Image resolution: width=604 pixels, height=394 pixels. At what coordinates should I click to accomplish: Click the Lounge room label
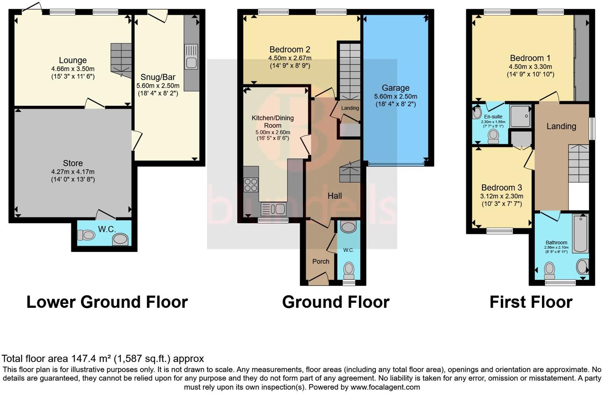click(x=73, y=60)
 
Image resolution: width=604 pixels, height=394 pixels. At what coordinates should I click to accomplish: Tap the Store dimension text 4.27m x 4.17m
click(x=73, y=172)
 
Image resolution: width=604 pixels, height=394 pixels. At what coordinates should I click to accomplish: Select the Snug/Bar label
click(x=158, y=77)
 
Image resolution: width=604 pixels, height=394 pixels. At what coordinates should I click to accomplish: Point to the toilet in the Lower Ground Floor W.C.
click(x=86, y=236)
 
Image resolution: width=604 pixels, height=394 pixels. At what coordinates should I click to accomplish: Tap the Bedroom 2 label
click(x=290, y=50)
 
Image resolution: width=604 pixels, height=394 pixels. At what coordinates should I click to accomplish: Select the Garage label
click(x=395, y=88)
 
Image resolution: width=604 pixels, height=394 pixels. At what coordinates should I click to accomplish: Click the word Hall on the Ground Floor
click(x=335, y=196)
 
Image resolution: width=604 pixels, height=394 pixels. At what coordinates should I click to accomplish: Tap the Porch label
click(x=321, y=261)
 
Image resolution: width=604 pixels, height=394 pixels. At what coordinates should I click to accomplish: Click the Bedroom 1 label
click(x=530, y=58)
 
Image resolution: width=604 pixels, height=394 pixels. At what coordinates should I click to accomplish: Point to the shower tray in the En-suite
click(x=521, y=116)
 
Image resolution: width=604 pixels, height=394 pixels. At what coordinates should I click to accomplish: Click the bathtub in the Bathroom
click(x=581, y=233)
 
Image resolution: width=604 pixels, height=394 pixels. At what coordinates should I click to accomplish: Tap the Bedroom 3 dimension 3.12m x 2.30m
click(x=501, y=196)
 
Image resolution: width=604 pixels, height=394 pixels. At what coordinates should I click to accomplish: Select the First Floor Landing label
click(x=561, y=126)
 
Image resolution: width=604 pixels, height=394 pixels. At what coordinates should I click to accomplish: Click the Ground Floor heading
click(x=336, y=302)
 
